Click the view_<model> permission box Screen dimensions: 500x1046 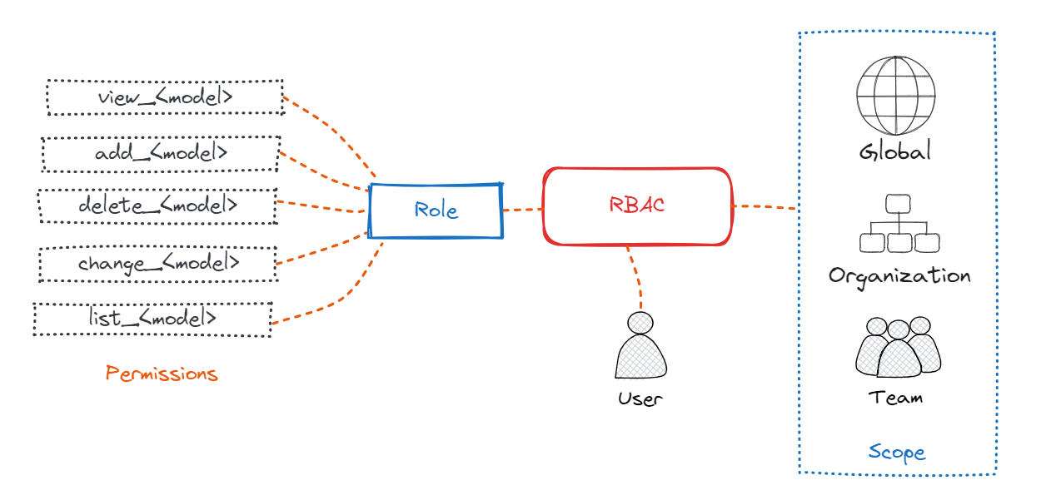165,97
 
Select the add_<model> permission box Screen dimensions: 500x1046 161,154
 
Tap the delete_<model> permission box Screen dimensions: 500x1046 157,205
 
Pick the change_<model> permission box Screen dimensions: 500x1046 158,264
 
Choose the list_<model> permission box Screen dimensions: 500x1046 152,319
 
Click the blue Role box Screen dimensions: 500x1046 436,210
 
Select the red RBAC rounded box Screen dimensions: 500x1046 637,205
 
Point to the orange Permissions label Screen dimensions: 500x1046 162,374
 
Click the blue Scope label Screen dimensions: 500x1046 897,453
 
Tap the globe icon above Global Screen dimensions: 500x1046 895,95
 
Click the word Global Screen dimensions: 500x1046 895,152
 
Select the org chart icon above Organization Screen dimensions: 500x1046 899,224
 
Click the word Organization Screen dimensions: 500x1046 899,275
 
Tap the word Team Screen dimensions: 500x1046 896,398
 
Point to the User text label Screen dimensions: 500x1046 640,399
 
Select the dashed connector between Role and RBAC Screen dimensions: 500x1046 522,210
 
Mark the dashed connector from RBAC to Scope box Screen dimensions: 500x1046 765,206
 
